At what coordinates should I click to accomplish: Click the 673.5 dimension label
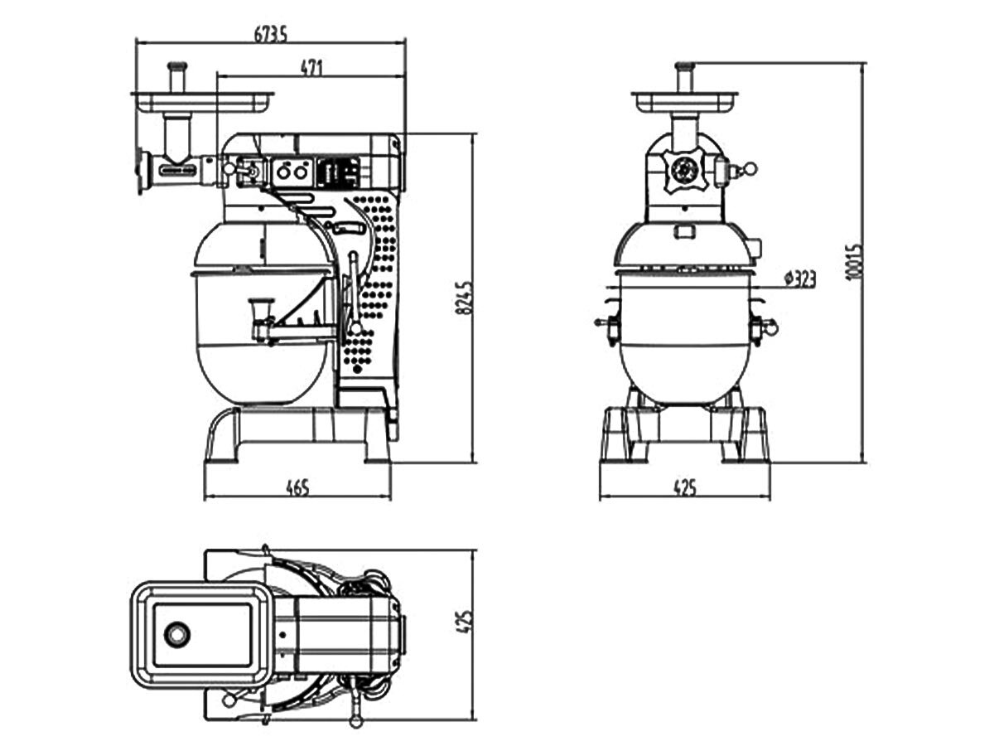pos(270,35)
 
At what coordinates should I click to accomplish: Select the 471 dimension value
pos(311,68)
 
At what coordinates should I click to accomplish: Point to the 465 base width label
pos(297,488)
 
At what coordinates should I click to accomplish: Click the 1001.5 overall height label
pos(855,263)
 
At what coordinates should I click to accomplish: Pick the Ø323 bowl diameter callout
pos(800,279)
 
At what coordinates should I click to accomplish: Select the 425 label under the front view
pos(685,488)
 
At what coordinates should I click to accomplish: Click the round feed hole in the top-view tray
pos(176,634)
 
